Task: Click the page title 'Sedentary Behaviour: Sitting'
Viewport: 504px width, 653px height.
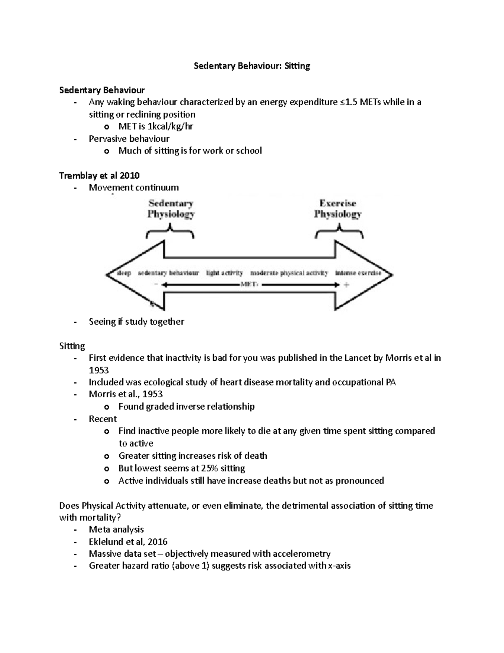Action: click(x=252, y=66)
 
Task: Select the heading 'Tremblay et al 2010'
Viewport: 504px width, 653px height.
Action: click(x=100, y=175)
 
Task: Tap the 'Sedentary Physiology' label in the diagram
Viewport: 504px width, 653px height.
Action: click(x=171, y=209)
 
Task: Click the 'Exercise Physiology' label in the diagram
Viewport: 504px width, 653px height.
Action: click(x=338, y=209)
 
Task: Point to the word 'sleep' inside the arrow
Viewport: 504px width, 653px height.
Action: click(x=124, y=273)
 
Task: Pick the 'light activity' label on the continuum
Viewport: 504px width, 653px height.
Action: click(x=224, y=273)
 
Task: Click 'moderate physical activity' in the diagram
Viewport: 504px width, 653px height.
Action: click(x=289, y=273)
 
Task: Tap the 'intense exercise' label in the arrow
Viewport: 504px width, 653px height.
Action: click(x=358, y=273)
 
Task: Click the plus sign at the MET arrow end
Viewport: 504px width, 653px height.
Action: click(x=346, y=285)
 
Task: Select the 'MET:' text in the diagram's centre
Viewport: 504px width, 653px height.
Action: click(x=249, y=285)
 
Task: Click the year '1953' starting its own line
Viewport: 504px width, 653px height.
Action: click(x=99, y=370)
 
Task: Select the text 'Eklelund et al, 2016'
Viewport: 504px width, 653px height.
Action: click(x=128, y=542)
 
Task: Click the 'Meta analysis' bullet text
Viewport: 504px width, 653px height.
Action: click(x=116, y=529)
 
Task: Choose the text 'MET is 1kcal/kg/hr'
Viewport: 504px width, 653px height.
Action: click(x=156, y=127)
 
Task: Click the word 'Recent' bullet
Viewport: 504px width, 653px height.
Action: click(x=103, y=419)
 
